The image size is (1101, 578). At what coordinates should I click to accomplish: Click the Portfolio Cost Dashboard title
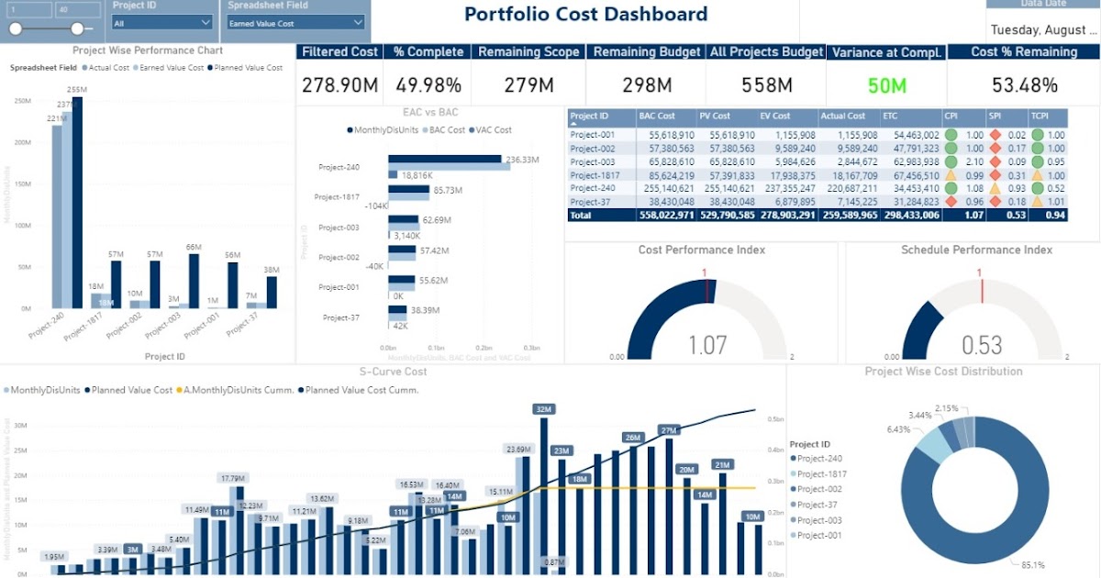tap(585, 14)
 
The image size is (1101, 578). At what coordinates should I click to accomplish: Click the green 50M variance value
tap(886, 86)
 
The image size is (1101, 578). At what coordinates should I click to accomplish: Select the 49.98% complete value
tap(428, 86)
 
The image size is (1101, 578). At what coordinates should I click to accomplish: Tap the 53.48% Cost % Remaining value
tap(1024, 86)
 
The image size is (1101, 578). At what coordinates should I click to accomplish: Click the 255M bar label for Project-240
tap(77, 90)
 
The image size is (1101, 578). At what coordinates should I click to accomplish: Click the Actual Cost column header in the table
tap(843, 117)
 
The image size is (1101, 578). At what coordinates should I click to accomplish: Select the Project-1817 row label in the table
tap(595, 175)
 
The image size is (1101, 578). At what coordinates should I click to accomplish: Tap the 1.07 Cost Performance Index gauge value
tap(707, 345)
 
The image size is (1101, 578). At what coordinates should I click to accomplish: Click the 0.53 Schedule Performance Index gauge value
tap(982, 345)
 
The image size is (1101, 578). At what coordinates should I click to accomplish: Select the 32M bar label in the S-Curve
tap(544, 409)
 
